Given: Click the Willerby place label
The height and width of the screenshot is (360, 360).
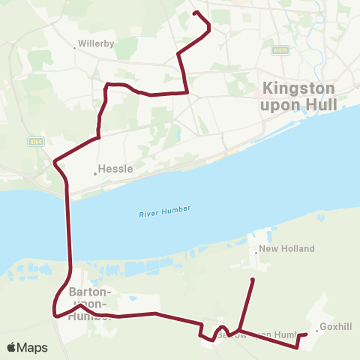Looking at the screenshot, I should pos(95,43).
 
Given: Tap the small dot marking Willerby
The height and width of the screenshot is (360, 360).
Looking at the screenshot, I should pos(75,48).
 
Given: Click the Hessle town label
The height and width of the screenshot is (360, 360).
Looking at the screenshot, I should pos(115,169).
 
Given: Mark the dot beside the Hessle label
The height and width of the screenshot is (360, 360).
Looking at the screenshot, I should pos(95,173).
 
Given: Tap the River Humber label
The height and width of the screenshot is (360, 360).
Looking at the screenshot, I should pos(165,212).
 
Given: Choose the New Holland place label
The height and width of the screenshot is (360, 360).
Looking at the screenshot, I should pos(286,248).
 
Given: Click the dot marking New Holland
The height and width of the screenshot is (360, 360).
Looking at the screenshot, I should pos(256,253).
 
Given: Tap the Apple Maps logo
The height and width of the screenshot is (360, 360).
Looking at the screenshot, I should pos(27,347).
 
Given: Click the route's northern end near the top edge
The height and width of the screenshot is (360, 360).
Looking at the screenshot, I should pos(195,13).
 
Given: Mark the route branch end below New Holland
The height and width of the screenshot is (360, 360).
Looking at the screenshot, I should pos(252,280).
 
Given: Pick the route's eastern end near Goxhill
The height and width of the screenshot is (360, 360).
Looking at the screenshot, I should pos(306,334).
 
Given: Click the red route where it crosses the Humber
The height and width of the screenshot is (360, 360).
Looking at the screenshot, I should pos(70,225).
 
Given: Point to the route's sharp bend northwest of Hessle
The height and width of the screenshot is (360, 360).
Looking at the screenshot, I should pos(55,161).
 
